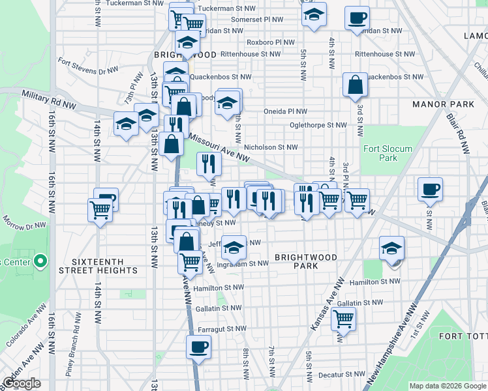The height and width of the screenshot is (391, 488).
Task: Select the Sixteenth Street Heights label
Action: tap(98, 265)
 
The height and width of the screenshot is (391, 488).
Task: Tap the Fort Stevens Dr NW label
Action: tap(88, 65)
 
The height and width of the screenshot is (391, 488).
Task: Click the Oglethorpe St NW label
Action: tap(319, 125)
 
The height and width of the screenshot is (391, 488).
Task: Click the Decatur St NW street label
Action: tap(342, 375)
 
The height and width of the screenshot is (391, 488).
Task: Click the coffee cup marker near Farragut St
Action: tap(199, 346)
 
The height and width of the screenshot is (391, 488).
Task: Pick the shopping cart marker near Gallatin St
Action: tap(343, 319)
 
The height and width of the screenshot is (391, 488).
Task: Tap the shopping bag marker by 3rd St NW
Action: tap(356, 84)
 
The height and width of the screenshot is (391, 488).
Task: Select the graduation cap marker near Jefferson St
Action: tap(234, 246)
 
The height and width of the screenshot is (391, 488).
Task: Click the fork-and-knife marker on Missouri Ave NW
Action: tap(209, 164)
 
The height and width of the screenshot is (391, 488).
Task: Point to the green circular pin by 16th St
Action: tap(40, 262)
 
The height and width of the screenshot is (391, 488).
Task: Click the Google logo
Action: tap(22, 383)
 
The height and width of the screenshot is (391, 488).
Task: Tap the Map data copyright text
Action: tap(447, 386)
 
